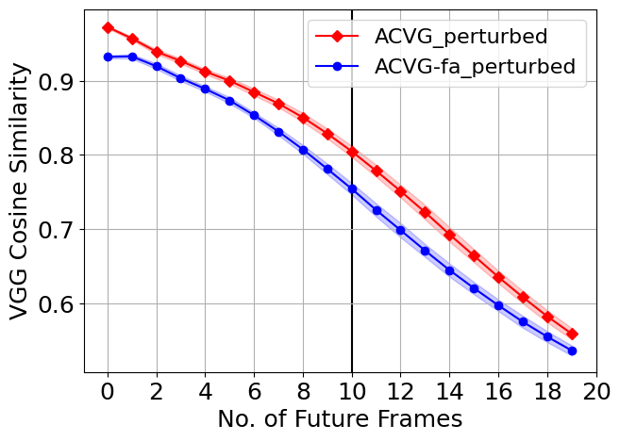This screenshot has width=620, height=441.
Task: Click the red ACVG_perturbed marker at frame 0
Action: [108, 28]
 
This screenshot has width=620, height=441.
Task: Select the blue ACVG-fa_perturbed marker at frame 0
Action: [108, 57]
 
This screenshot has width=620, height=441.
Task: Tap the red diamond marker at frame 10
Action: [352, 152]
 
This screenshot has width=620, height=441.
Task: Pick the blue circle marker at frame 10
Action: [352, 188]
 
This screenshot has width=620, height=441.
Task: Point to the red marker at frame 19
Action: [572, 335]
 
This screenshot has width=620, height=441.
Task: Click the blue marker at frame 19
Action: [572, 351]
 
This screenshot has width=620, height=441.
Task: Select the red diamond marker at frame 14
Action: [449, 235]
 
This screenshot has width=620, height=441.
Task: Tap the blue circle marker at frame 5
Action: [229, 101]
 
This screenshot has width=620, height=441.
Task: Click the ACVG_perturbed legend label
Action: [461, 38]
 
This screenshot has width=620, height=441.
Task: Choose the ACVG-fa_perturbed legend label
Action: [475, 67]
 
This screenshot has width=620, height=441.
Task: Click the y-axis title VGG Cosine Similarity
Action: [21, 188]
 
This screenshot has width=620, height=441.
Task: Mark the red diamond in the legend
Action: [337, 38]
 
